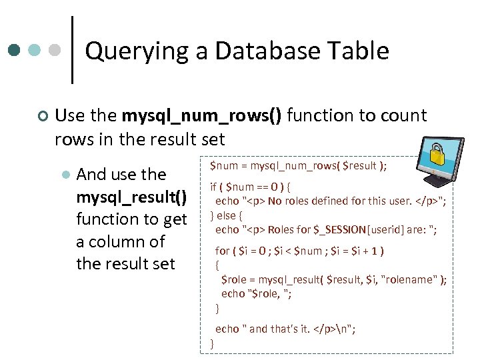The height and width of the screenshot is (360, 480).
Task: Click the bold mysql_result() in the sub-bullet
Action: [x=132, y=197]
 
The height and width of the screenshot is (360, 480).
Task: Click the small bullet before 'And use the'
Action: [x=65, y=175]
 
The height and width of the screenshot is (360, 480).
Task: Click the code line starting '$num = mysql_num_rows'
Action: [x=298, y=165]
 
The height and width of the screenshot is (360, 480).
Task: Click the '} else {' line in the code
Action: [x=227, y=215]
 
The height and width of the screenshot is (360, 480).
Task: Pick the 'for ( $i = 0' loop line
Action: [x=299, y=251]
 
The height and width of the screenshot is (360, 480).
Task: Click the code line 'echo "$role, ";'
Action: [x=257, y=293]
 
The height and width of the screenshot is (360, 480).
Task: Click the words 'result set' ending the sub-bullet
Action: [x=126, y=264]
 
